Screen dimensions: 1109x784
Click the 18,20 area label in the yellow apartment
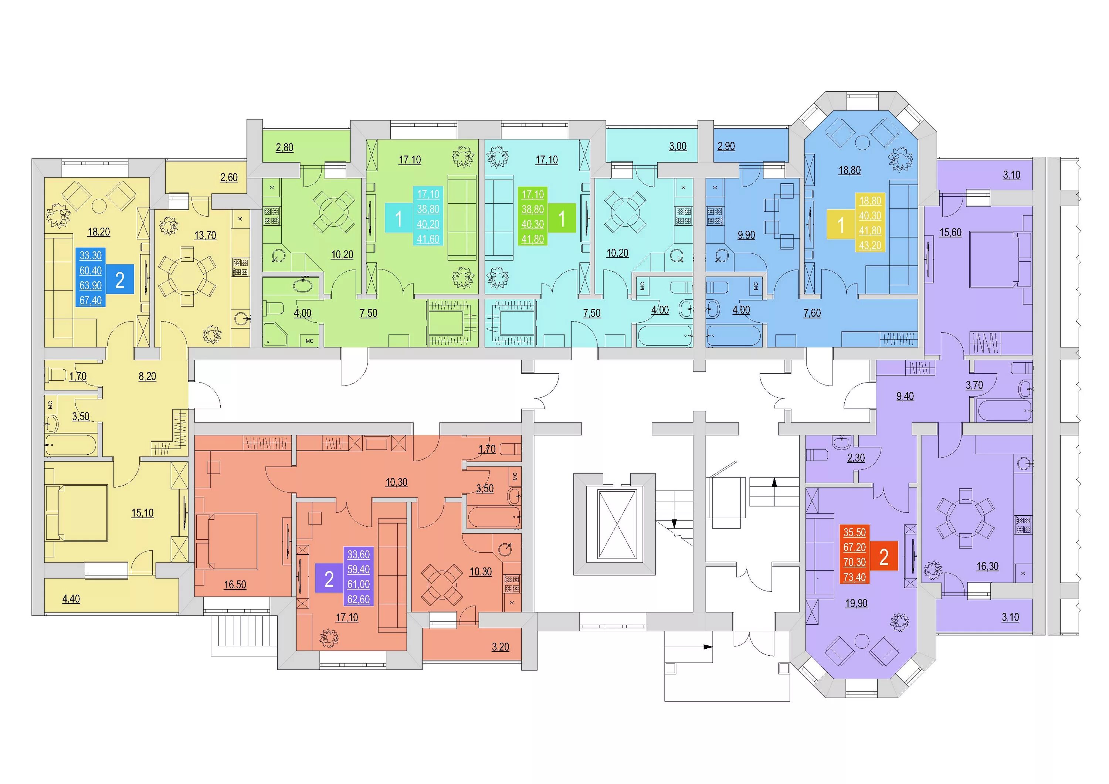pyautogui.click(x=99, y=232)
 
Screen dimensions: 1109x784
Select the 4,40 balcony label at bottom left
pyautogui.click(x=71, y=599)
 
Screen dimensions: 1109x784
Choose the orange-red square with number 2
pyautogui.click(x=884, y=556)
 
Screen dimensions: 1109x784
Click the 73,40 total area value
pyautogui.click(x=854, y=577)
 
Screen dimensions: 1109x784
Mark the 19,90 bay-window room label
pyautogui.click(x=856, y=603)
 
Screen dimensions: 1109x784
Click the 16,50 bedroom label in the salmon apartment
pyautogui.click(x=235, y=584)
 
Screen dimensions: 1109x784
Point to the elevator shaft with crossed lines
pyautogui.click(x=617, y=524)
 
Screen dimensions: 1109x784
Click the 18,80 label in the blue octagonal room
pyautogui.click(x=849, y=170)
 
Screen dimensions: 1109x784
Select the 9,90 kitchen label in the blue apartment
pyautogui.click(x=746, y=235)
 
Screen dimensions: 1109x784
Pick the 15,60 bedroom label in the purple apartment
pyautogui.click(x=950, y=233)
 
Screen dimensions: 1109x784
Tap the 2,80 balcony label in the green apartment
pyautogui.click(x=285, y=147)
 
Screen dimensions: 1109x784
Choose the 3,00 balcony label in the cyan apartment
pyautogui.click(x=678, y=146)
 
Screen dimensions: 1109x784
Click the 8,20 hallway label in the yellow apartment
pyautogui.click(x=147, y=376)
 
